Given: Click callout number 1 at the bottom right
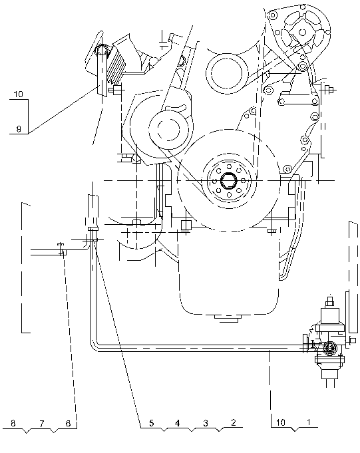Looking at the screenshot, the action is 308,422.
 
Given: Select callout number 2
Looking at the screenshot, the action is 234,422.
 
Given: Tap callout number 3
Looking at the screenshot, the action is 206,423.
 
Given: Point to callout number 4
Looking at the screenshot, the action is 178,423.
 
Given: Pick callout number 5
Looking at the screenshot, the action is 152,423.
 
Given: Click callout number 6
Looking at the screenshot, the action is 68,423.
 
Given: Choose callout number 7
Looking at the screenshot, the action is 42,424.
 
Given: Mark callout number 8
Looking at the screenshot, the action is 13,423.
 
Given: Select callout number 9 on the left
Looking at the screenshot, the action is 19,128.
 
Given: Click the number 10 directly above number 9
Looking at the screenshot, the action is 18,94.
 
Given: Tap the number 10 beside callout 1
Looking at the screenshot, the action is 281,422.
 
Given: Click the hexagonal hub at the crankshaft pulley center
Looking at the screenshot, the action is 229,181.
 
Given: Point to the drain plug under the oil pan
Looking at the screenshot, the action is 228,318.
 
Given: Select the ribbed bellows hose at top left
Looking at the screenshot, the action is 115,66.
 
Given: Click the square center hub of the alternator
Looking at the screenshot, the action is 302,31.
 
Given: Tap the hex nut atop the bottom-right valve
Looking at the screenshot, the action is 329,303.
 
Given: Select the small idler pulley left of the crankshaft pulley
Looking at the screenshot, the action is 169,128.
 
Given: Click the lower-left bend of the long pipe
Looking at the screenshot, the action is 92,347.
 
